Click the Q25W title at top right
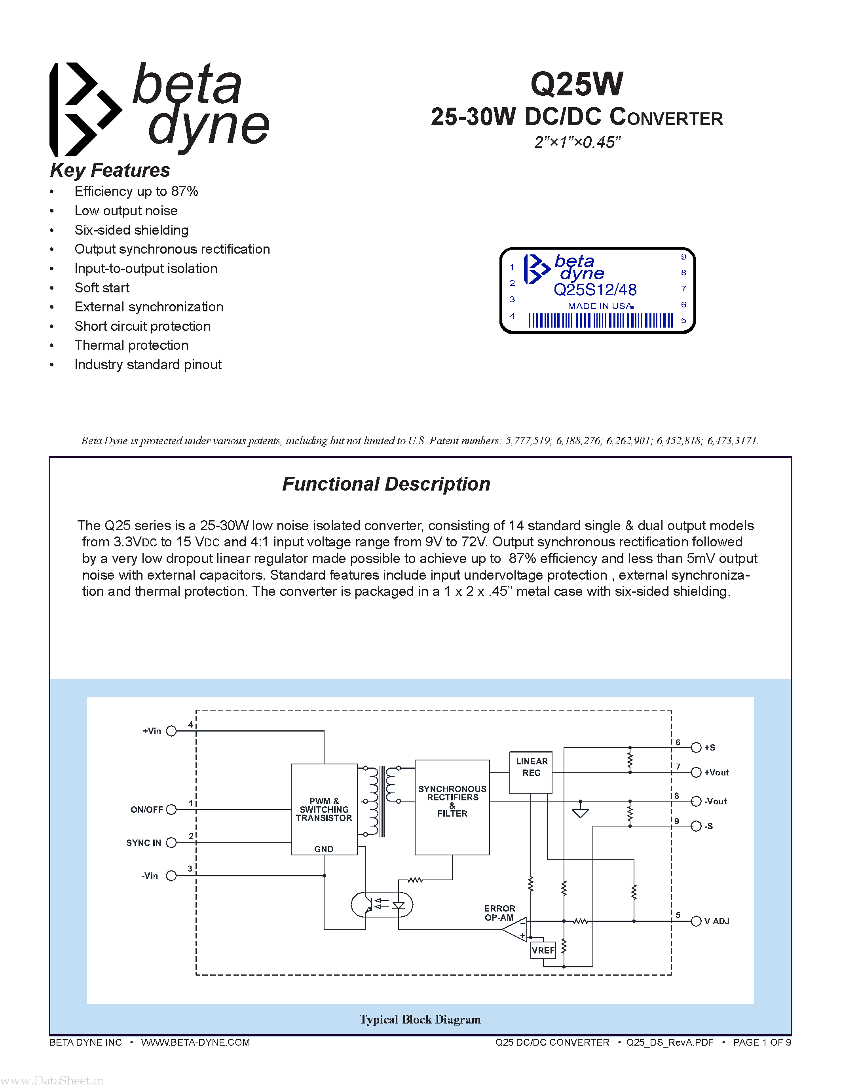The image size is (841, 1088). click(x=577, y=84)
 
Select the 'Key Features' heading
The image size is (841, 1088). click(x=110, y=171)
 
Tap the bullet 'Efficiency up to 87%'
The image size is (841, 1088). click(x=136, y=191)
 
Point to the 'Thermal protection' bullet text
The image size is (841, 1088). click(x=131, y=345)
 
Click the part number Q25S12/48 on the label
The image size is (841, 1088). click(x=595, y=290)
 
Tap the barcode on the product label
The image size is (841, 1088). click(x=600, y=320)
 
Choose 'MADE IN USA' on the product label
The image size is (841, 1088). click(x=600, y=306)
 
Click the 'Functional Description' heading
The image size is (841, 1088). click(x=386, y=484)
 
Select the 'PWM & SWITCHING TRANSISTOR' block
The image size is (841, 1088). click(x=324, y=809)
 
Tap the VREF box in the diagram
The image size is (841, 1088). click(x=543, y=950)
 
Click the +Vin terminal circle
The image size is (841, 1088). click(x=171, y=731)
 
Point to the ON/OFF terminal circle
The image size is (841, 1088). click(x=171, y=809)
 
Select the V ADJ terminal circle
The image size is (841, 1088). click(x=696, y=921)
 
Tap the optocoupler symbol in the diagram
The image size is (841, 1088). click(x=382, y=904)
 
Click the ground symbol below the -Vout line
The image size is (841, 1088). click(x=580, y=813)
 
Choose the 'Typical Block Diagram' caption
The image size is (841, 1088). click(x=420, y=1020)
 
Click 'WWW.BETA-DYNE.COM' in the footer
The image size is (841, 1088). click(x=195, y=1043)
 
